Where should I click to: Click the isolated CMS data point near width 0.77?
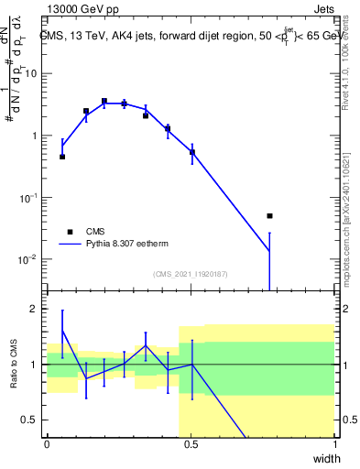point(269,216)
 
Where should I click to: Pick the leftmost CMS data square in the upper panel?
point(62,157)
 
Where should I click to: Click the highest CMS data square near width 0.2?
point(104,101)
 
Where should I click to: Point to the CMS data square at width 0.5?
point(191,153)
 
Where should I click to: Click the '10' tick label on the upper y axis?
point(31,73)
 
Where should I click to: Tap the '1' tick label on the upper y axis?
point(35,136)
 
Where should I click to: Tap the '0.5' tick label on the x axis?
point(191,445)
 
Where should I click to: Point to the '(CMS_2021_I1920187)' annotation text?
point(191,274)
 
